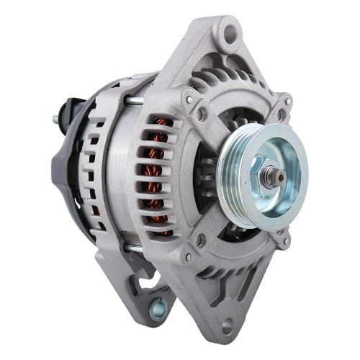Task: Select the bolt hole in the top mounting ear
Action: click(x=230, y=31)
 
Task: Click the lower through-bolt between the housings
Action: click(x=135, y=248)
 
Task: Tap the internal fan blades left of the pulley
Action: click(x=209, y=180)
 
